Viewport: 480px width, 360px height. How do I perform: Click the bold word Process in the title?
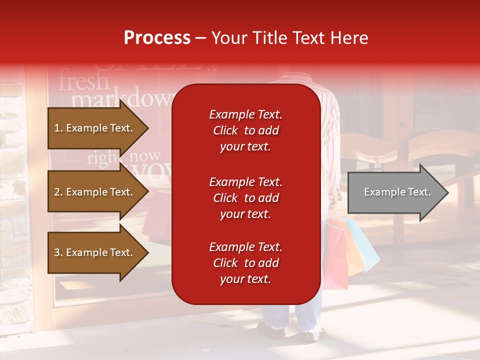click(x=157, y=38)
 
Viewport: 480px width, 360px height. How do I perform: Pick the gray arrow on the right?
click(x=395, y=192)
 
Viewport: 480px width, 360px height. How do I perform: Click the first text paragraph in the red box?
click(x=245, y=130)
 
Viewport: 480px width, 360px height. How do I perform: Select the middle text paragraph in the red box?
click(x=245, y=198)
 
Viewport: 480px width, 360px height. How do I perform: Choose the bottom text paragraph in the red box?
click(x=245, y=263)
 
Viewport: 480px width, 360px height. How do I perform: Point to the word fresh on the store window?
click(x=83, y=81)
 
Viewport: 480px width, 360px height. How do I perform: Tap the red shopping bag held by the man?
click(x=336, y=255)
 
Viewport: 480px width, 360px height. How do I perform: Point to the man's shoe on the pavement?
click(x=272, y=331)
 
